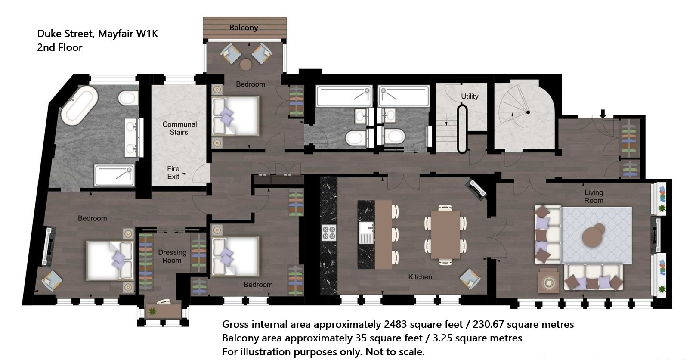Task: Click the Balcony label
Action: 244,28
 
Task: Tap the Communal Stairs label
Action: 179,128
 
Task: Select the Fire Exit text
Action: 173,173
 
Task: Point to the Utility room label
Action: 470,96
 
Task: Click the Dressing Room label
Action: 172,256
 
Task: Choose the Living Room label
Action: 594,196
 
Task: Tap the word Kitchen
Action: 420,277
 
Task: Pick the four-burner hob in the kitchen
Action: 329,233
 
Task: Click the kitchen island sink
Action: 366,233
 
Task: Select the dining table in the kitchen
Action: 445,235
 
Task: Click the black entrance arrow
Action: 603,114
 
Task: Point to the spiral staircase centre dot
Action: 528,112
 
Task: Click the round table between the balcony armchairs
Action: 246,65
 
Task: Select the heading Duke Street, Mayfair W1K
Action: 97,34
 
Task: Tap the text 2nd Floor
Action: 59,47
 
